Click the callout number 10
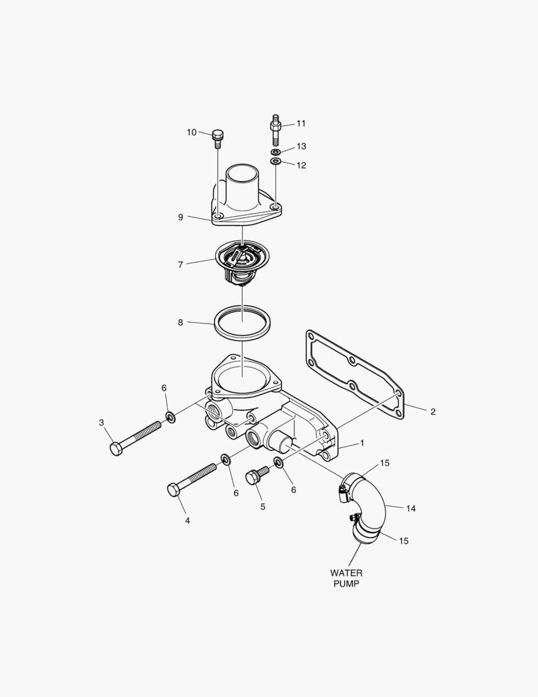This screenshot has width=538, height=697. [x=192, y=132]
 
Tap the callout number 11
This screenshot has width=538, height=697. [x=301, y=123]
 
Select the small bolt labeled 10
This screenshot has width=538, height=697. [x=218, y=137]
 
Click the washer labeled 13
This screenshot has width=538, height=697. [x=276, y=152]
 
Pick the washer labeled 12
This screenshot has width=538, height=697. [x=276, y=160]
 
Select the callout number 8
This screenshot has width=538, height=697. [x=181, y=322]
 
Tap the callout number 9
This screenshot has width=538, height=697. [x=181, y=217]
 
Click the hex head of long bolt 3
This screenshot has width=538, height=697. [x=116, y=449]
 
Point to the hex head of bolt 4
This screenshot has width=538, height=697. [x=173, y=490]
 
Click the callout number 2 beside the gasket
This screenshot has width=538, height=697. [x=433, y=411]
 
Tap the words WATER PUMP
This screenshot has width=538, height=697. [x=346, y=578]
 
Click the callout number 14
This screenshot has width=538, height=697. [x=411, y=509]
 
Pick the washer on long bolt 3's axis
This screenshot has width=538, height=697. [x=170, y=417]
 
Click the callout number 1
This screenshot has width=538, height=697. [x=362, y=443]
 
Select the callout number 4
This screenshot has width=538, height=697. [x=187, y=520]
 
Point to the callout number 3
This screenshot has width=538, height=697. [x=101, y=423]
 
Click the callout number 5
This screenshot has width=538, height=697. [x=263, y=507]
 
